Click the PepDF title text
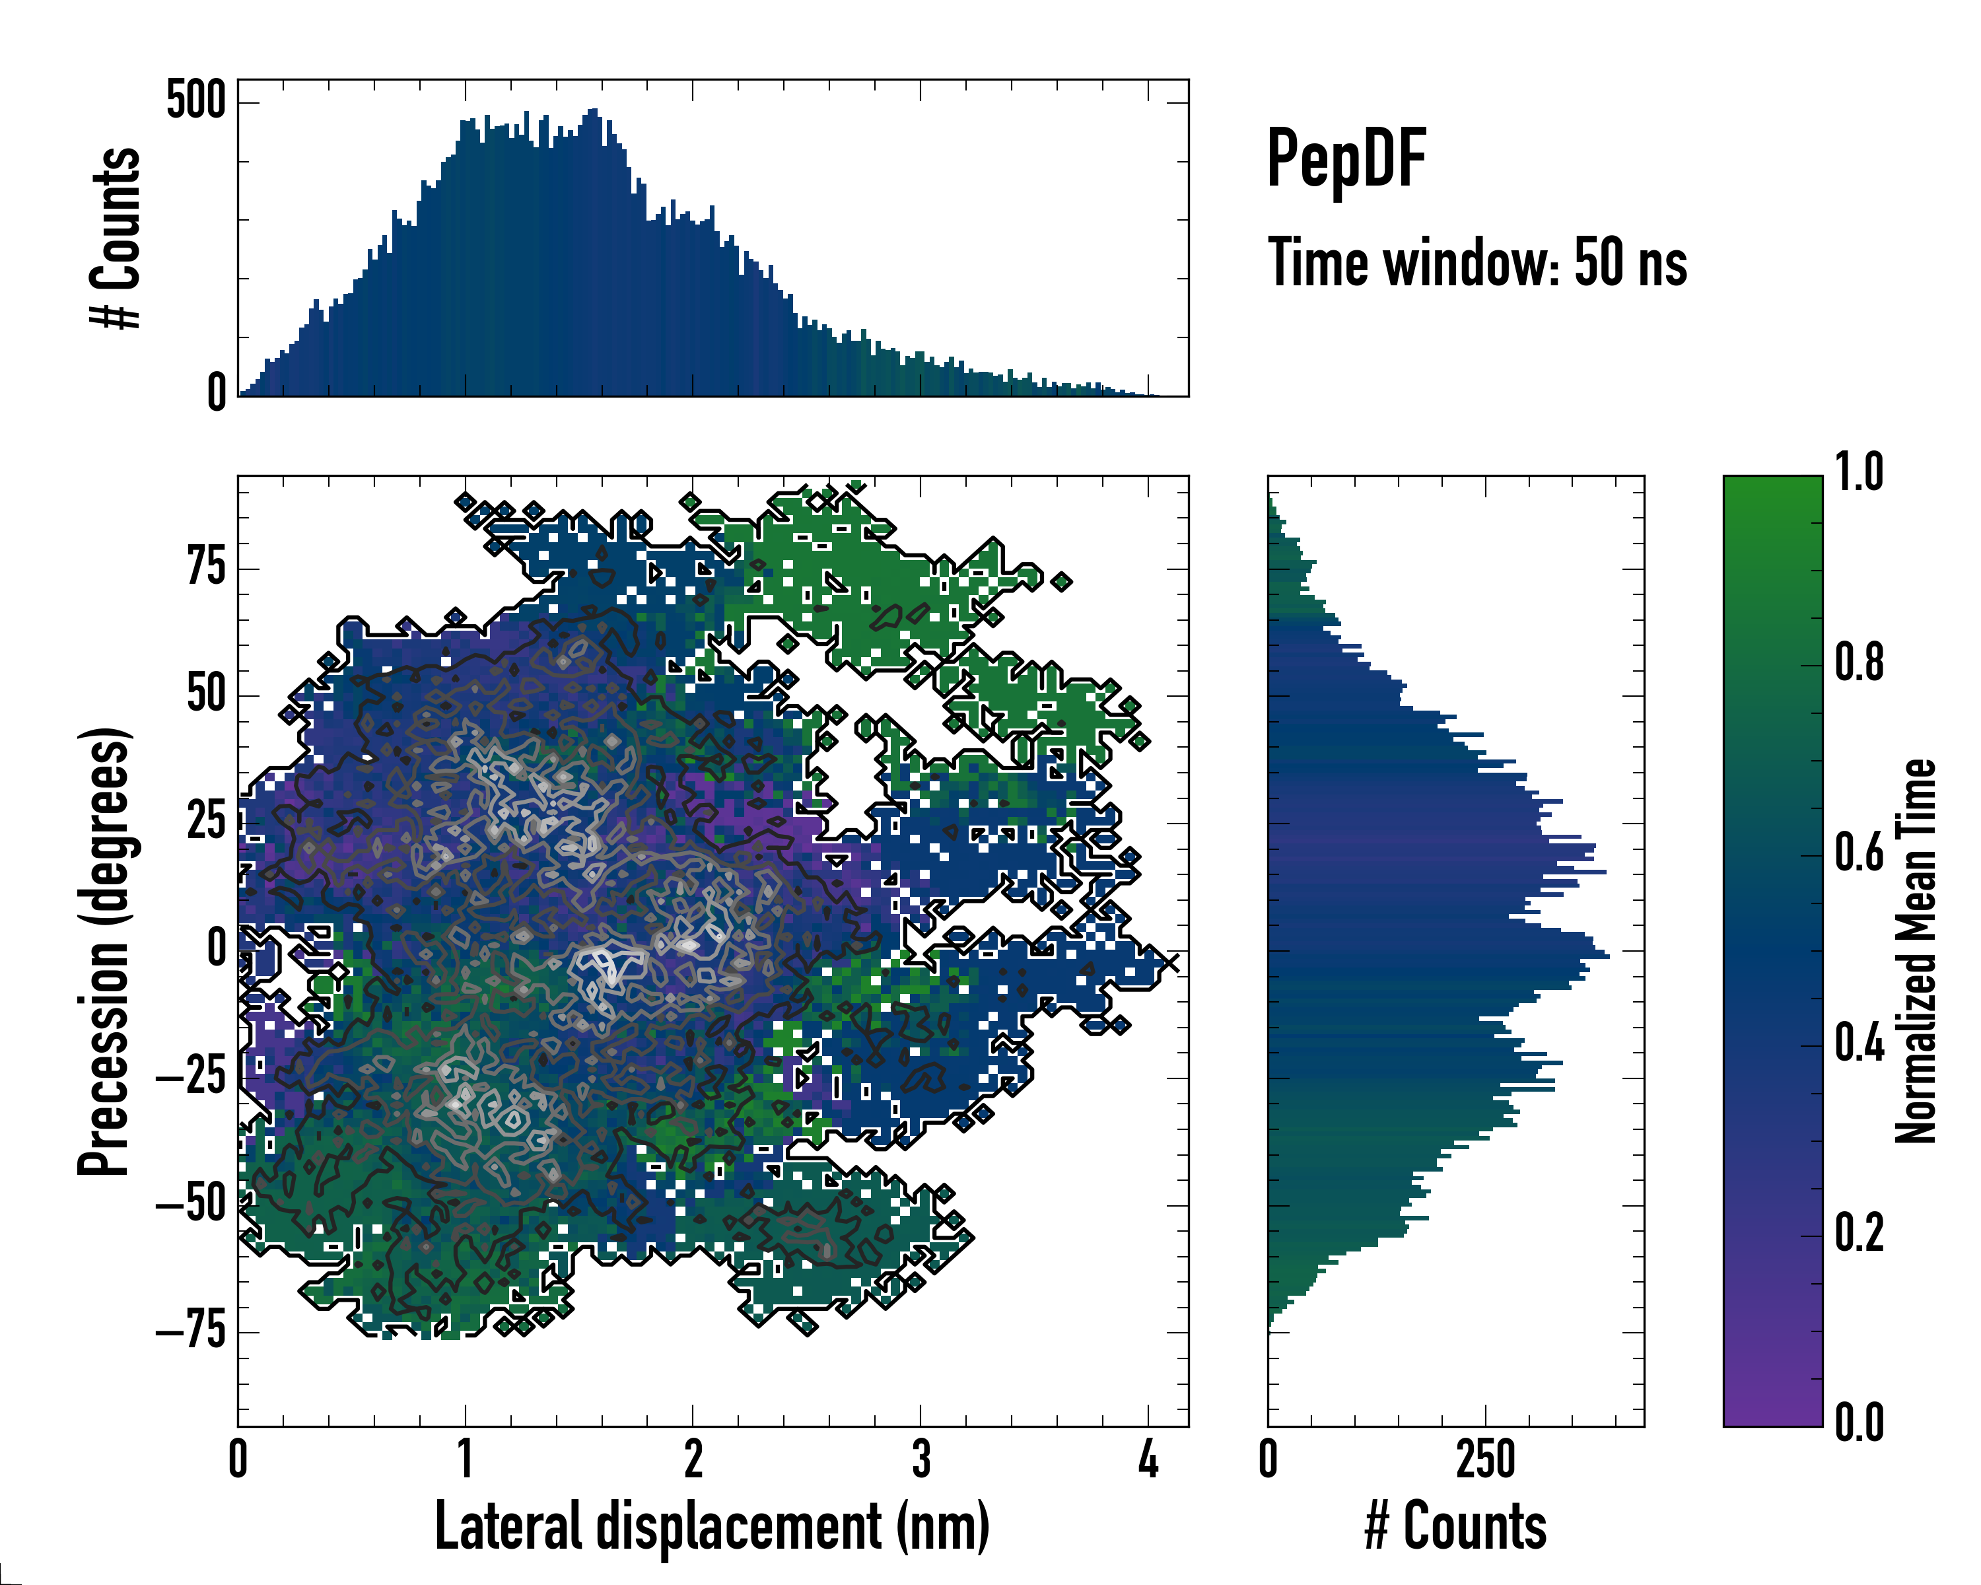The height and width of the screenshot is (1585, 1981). pyautogui.click(x=1345, y=159)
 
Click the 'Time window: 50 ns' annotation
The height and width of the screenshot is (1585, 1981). pyautogui.click(x=1477, y=263)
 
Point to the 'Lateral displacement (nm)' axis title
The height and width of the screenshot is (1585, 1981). pyautogui.click(x=712, y=1526)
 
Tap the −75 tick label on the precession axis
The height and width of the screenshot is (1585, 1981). pyautogui.click(x=190, y=1331)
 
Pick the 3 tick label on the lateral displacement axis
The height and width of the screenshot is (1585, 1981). pyautogui.click(x=921, y=1459)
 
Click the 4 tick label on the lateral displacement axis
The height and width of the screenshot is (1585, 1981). pyautogui.click(x=1148, y=1459)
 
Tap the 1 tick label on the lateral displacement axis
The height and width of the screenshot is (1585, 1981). pyautogui.click(x=465, y=1459)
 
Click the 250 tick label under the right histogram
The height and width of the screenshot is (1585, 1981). pyautogui.click(x=1486, y=1459)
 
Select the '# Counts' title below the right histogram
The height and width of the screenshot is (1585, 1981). pyautogui.click(x=1455, y=1526)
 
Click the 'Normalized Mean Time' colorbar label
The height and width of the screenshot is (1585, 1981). pyautogui.click(x=1915, y=951)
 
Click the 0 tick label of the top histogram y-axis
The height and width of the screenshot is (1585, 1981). pyautogui.click(x=217, y=393)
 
